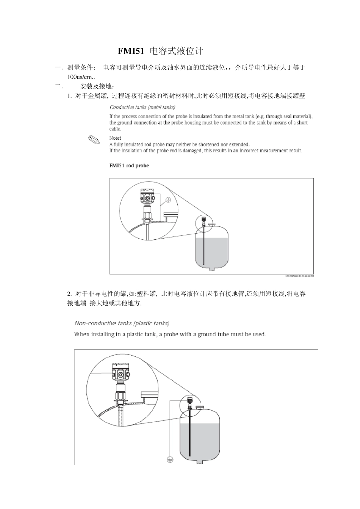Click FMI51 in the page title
point(131,51)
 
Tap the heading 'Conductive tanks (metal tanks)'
point(142,108)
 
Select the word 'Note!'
point(115,138)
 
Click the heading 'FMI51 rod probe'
point(129,166)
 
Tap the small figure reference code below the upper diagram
point(299,276)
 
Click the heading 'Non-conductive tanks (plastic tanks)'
point(122,323)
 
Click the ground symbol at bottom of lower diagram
point(170,460)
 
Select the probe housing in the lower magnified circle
point(121,373)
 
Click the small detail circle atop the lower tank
point(190,403)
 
